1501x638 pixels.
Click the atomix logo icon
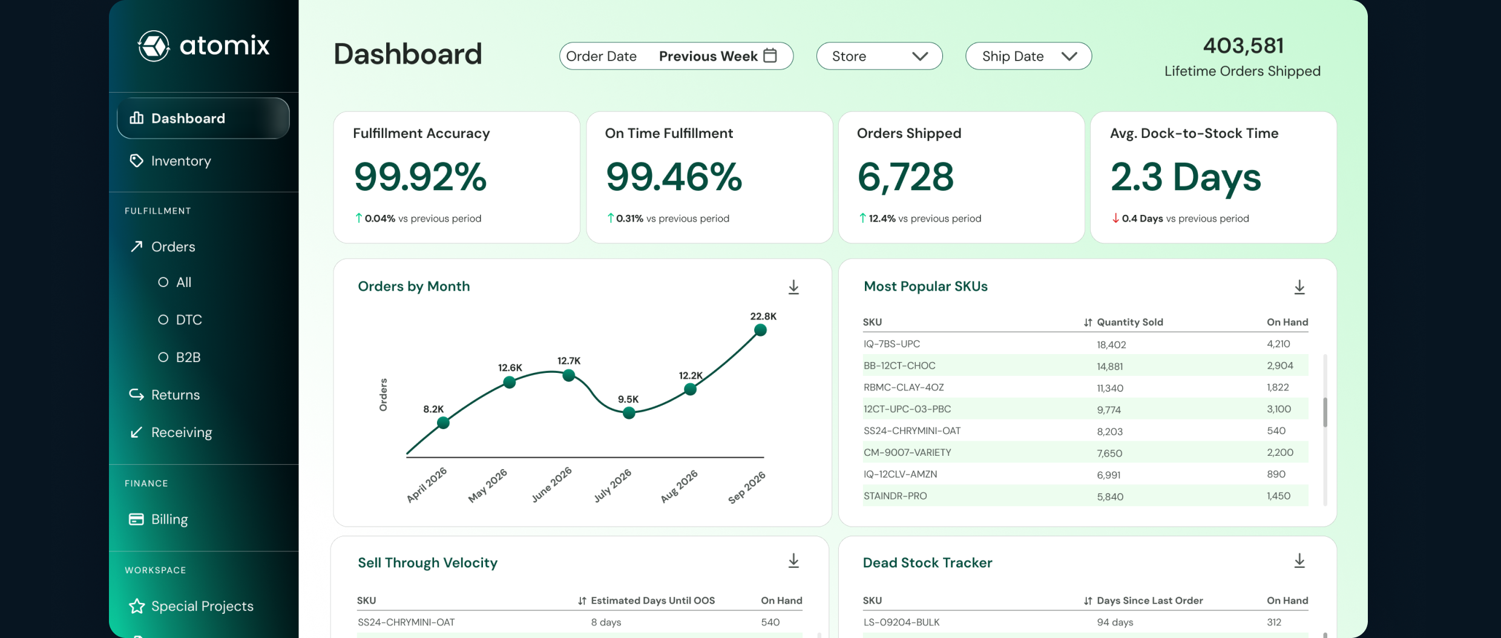(x=154, y=46)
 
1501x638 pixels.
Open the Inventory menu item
(x=181, y=161)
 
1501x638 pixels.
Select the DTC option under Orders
(x=189, y=320)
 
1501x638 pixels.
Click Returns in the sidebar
(x=176, y=395)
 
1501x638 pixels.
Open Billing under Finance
(x=169, y=519)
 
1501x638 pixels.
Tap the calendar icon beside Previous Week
(x=770, y=55)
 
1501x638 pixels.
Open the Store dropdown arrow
(x=920, y=56)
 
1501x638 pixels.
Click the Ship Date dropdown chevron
(x=1069, y=56)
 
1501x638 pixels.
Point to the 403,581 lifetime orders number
(x=1243, y=45)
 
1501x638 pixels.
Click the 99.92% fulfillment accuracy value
(x=420, y=177)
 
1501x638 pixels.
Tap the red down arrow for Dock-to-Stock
(x=1115, y=218)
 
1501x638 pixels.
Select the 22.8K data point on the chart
(x=761, y=330)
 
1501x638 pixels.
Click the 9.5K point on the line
(x=629, y=413)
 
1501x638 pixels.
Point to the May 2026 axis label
(x=488, y=485)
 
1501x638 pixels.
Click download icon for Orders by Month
(x=793, y=287)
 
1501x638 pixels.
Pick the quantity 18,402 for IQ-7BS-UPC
(x=1111, y=344)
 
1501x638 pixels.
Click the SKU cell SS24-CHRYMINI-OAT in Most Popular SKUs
(x=912, y=431)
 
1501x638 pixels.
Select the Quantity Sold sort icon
(x=1088, y=323)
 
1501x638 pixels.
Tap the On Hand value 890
(x=1276, y=474)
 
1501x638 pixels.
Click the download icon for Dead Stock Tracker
(x=1299, y=561)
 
